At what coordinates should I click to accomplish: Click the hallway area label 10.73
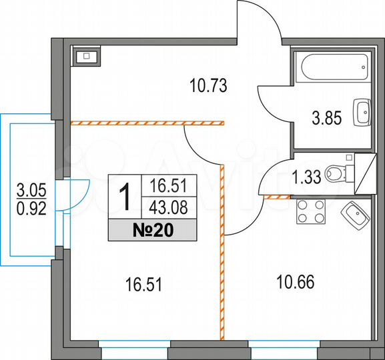point(209,85)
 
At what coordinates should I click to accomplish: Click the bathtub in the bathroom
point(332,66)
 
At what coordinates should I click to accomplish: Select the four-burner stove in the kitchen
point(310,213)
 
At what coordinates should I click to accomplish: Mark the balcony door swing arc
point(79,193)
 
